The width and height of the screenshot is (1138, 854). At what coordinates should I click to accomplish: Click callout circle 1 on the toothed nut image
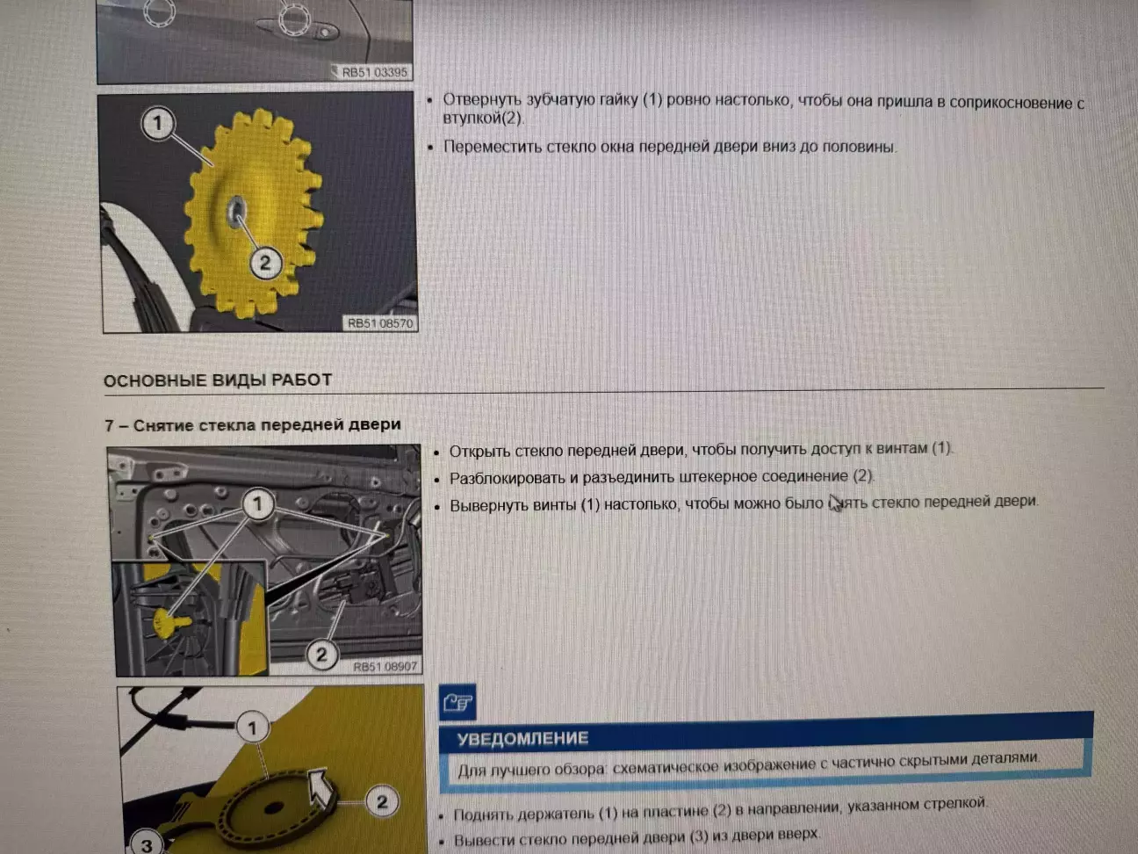point(157,123)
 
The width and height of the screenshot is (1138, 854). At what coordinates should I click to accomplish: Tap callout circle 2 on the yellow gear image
point(265,263)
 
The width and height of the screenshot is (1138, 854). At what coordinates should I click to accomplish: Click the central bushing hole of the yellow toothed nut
point(237,211)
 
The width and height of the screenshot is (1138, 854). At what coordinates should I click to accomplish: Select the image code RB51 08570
point(380,323)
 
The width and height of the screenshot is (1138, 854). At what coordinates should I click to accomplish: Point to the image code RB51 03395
point(374,72)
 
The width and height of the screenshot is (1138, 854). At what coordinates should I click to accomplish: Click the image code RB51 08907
point(385,666)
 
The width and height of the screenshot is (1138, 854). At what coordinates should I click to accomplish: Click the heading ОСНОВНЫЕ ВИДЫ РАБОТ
point(218,380)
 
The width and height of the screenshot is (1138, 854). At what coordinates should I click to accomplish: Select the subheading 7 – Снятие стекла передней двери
point(253,425)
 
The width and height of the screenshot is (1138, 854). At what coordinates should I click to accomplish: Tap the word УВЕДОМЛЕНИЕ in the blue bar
point(522,738)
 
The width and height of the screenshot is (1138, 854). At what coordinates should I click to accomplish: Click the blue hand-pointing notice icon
point(457,703)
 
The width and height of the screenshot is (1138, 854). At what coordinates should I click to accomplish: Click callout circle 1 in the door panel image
point(257,504)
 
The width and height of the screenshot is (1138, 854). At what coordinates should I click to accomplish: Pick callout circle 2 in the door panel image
point(321,655)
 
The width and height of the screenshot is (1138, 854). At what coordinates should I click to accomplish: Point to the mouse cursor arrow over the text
point(835,503)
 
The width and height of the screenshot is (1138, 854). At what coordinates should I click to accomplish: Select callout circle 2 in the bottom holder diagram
point(382,801)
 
